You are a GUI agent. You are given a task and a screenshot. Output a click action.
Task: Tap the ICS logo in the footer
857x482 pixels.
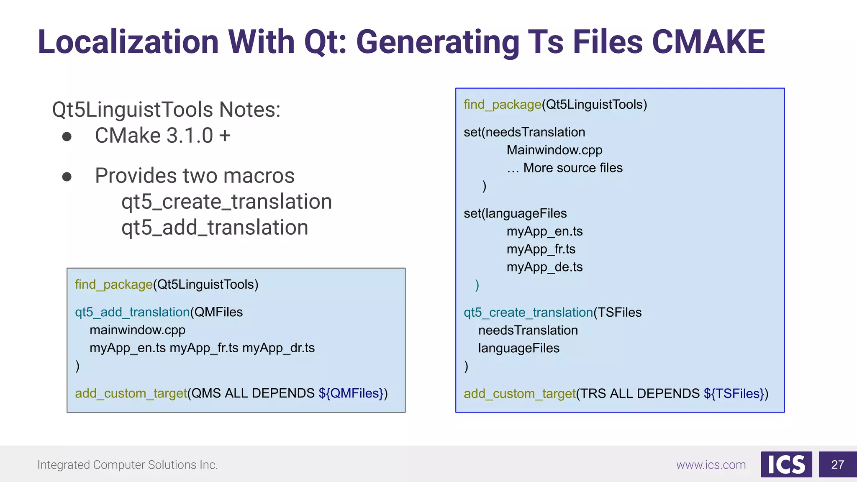tap(786, 464)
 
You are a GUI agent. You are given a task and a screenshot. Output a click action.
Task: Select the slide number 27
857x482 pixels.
tap(837, 464)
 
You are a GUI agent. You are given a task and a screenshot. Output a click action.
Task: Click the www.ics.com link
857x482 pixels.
tap(711, 465)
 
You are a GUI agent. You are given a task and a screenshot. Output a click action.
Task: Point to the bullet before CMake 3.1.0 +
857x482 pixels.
tap(67, 136)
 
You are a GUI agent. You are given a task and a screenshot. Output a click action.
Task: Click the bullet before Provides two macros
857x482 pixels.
tap(67, 177)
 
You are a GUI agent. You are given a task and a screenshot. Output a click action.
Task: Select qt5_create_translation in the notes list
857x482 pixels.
tap(226, 202)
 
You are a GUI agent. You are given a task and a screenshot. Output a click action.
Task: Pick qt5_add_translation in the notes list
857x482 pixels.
tap(215, 228)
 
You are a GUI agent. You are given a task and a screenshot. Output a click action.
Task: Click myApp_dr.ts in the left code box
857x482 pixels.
tap(278, 348)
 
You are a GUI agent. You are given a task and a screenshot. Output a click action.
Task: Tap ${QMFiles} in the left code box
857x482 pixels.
tap(351, 393)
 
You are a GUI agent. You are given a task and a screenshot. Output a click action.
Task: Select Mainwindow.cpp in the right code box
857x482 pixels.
tap(554, 150)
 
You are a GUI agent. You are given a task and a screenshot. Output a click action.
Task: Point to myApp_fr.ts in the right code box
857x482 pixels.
tap(541, 249)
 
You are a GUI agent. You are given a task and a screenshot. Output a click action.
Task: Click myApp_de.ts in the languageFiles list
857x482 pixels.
tap(544, 267)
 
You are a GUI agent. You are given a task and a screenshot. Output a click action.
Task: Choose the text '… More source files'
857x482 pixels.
tap(564, 168)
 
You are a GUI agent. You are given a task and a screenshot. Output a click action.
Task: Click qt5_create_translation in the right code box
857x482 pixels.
tap(528, 313)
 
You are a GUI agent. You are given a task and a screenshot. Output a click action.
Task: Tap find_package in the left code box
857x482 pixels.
tap(114, 285)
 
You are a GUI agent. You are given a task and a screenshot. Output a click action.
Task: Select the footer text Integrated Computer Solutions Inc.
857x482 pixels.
tap(128, 465)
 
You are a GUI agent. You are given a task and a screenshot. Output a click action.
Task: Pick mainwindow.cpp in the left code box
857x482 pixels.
tap(137, 330)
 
